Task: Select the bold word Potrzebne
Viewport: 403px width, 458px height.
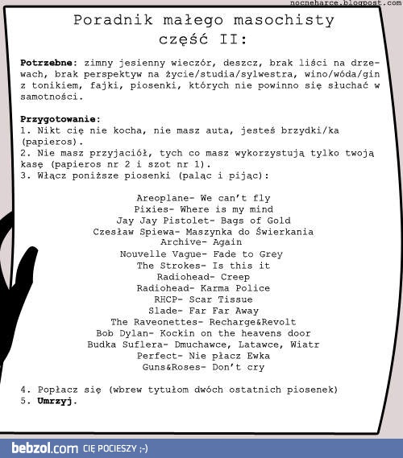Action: pyautogui.click(x=46, y=61)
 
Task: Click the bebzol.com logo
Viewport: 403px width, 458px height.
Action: pyautogui.click(x=44, y=448)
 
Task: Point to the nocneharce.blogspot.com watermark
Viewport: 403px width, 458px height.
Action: pyautogui.click(x=350, y=4)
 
